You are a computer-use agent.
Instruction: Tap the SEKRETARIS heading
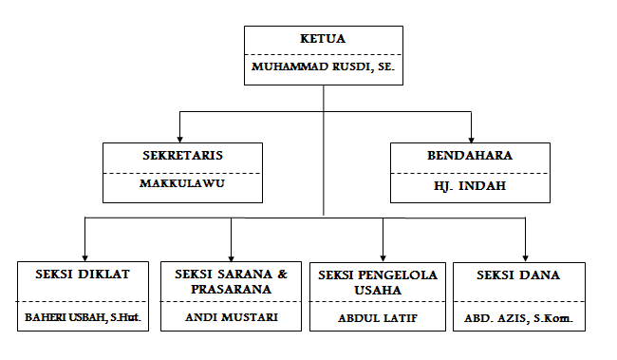coord(182,154)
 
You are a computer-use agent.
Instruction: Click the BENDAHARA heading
coord(470,154)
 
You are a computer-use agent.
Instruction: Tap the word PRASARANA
coord(231,288)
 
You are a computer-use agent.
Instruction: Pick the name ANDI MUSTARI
coord(231,316)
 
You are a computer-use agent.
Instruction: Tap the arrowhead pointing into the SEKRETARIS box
coord(180,137)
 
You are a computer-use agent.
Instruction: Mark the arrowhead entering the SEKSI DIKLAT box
coord(85,255)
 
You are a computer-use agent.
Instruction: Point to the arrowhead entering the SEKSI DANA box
coord(525,255)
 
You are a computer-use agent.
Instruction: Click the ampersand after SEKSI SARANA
coord(281,274)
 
